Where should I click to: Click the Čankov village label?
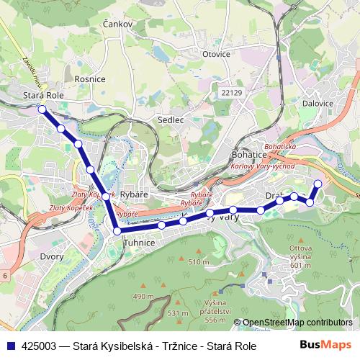click(120, 24)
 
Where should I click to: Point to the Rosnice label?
click(90, 78)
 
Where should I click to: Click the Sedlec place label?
click(171, 120)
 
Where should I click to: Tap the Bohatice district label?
click(249, 154)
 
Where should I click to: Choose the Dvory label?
click(52, 256)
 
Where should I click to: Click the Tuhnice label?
click(140, 243)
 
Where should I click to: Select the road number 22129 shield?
click(233, 92)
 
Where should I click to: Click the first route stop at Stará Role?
click(42, 109)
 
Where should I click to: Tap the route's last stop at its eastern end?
click(318, 184)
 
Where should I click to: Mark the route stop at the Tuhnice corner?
click(117, 231)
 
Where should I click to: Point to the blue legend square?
click(10, 346)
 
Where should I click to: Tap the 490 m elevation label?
click(143, 296)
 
